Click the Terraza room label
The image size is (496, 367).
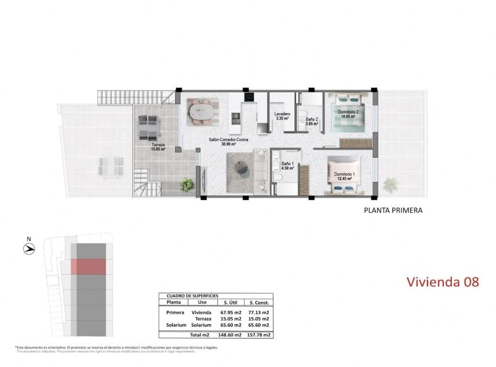[x=158, y=146]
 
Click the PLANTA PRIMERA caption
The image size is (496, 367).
[x=393, y=211]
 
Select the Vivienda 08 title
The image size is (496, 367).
[x=443, y=282]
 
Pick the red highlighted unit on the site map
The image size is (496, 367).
[x=88, y=266]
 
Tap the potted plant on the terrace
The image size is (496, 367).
[x=187, y=186]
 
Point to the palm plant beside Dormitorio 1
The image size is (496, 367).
[x=389, y=186]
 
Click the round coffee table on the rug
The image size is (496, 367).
[x=242, y=168]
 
